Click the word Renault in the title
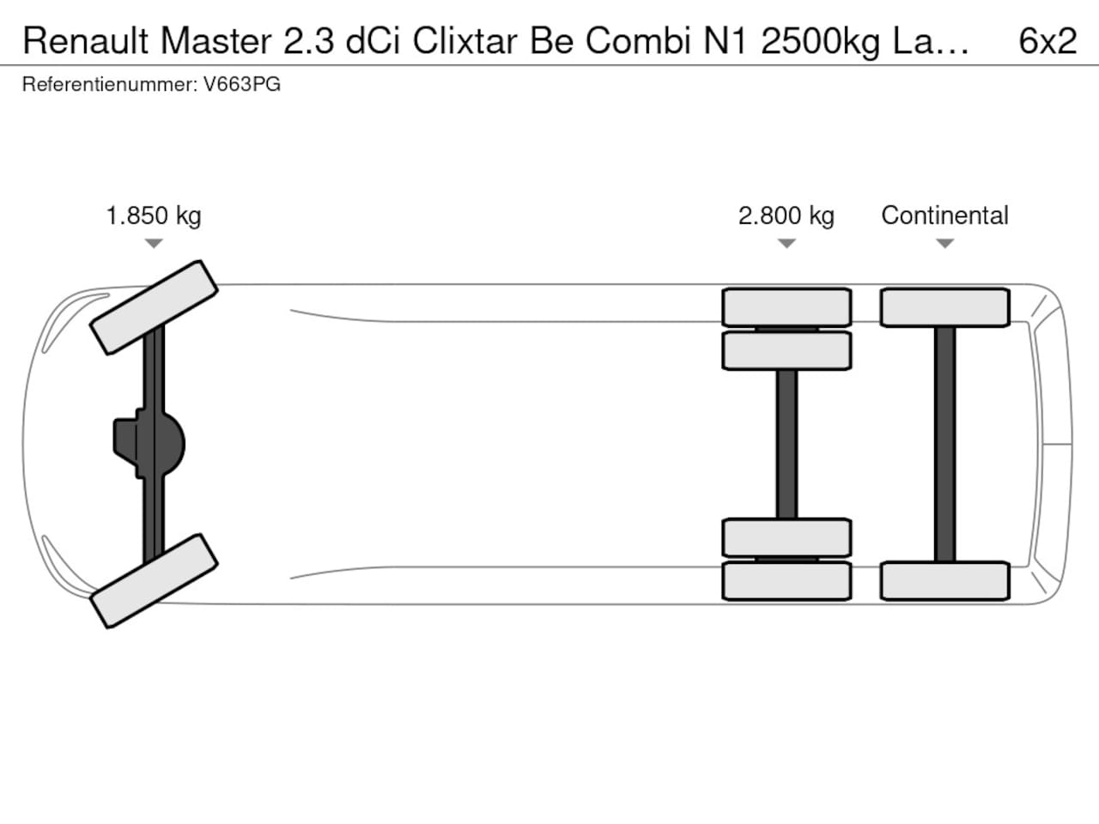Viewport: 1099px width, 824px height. pos(86,40)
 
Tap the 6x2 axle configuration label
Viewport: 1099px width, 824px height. pos(1047,40)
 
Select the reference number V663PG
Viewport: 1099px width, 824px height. pos(242,84)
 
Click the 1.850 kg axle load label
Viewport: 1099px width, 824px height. pos(154,215)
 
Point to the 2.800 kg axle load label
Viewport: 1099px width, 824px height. pos(786,215)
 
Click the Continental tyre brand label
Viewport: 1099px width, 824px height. pos(944,215)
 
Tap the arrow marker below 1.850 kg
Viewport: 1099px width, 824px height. pos(154,243)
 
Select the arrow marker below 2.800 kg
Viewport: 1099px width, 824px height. pos(786,243)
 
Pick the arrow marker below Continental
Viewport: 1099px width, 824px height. pos(944,243)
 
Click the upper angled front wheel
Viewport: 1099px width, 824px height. pos(154,307)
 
